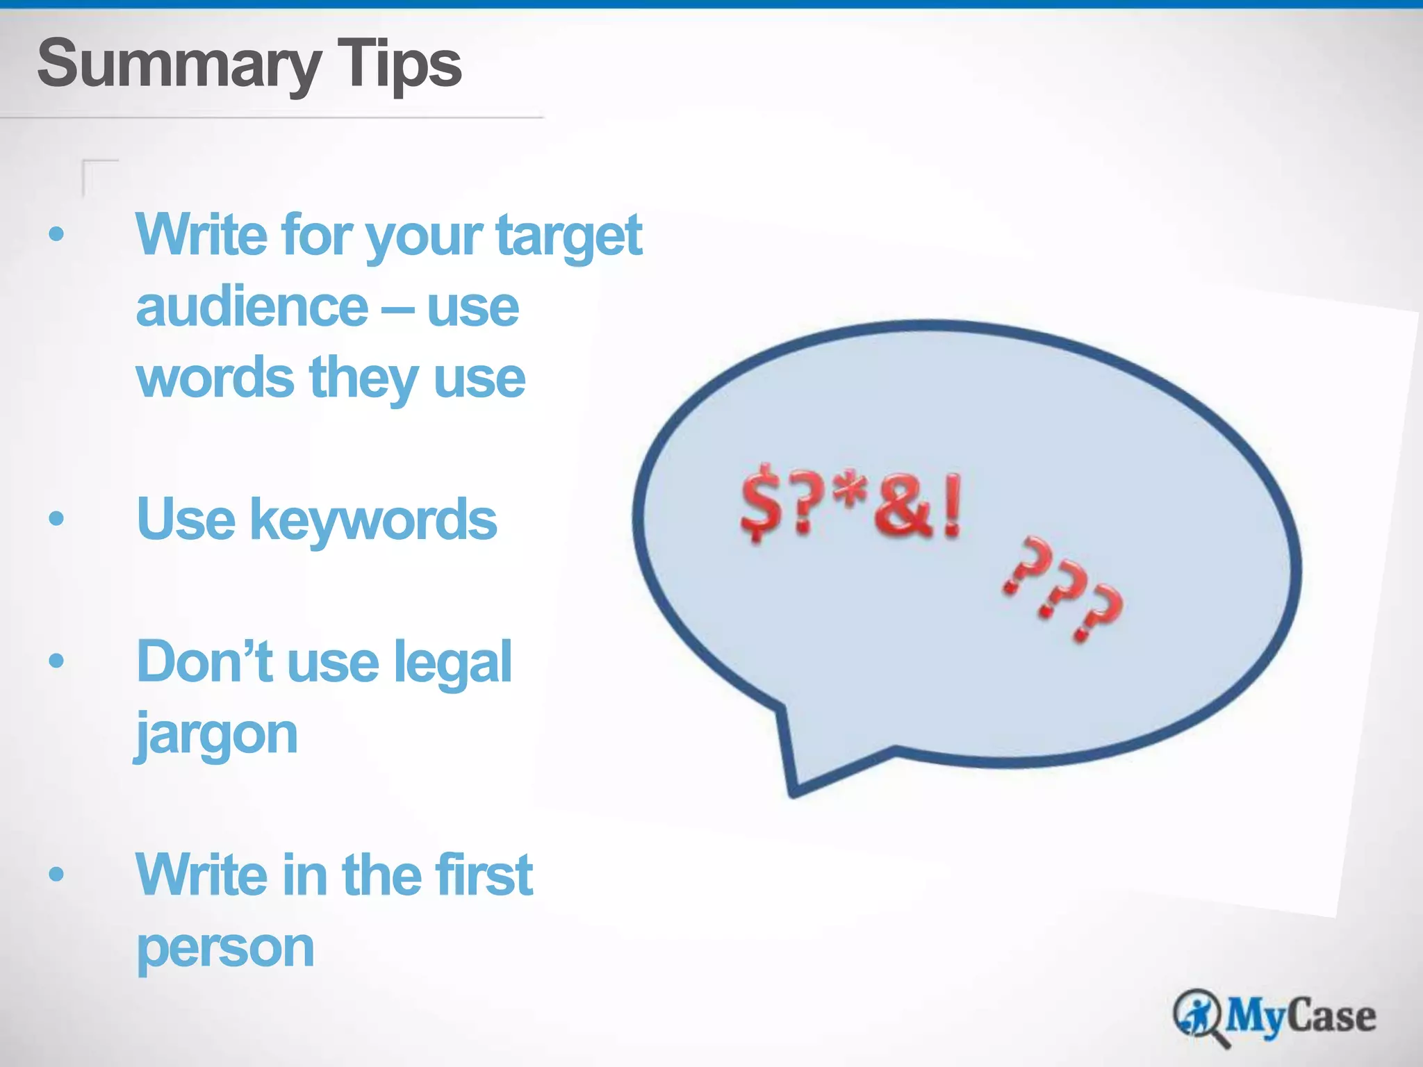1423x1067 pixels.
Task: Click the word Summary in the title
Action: tap(178, 65)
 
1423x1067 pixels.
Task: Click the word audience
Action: tap(252, 307)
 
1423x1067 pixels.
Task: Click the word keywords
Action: tap(373, 520)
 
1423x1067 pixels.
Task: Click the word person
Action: tap(225, 948)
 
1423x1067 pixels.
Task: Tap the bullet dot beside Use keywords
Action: tap(56, 518)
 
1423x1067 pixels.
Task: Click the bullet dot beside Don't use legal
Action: tap(56, 660)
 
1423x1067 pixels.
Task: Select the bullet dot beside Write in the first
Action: tap(56, 873)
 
